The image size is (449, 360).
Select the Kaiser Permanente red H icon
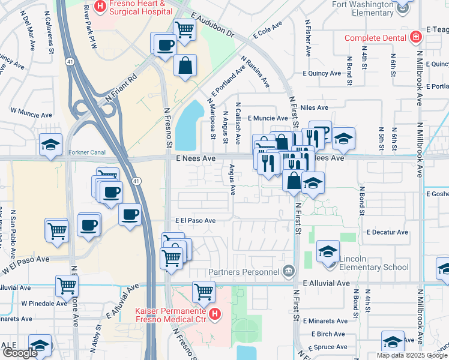215,313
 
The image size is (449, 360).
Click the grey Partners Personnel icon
289,271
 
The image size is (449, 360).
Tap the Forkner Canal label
87,152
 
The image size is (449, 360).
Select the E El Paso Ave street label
195,221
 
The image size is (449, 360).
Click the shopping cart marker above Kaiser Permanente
204,292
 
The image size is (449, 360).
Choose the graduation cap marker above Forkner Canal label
51,144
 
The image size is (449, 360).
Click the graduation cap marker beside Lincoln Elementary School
328,251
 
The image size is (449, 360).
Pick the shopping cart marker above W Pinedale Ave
67,286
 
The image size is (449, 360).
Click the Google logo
20,353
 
